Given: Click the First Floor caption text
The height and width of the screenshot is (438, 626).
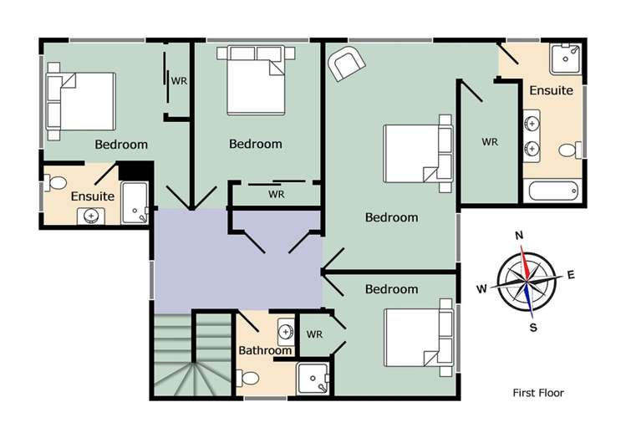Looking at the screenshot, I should coord(538,392).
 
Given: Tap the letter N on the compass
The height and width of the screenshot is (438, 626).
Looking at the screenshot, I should coord(520,236).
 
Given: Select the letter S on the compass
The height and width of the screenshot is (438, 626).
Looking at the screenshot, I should coord(533,327).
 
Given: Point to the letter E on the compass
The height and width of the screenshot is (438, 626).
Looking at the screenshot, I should coord(571,273).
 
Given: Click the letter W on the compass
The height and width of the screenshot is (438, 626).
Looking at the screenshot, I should coord(481,289).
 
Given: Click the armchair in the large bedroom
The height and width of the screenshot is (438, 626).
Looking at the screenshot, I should coord(346,64).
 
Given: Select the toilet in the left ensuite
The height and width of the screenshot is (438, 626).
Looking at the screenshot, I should coord(57,182).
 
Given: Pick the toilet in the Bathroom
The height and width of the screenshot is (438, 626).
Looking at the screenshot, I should coord(249,379).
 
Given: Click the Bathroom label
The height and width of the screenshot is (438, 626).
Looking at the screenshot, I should coord(265,350).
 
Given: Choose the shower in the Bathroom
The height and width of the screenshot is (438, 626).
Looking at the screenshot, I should coord(314,379).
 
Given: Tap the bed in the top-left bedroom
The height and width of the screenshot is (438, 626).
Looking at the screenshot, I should coord(81,101).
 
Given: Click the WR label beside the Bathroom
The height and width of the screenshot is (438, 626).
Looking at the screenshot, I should coord(314,334).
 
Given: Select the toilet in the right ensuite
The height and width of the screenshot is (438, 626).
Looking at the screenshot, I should coord(569,150).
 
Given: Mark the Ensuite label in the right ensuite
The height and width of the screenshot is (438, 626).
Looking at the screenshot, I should coord(552,89).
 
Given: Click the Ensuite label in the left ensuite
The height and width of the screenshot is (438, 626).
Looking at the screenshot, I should coord(92,196).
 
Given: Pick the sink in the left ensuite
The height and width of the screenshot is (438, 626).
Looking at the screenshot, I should coord(91,216).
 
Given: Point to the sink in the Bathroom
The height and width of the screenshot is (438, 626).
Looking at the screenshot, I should coord(285,332).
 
